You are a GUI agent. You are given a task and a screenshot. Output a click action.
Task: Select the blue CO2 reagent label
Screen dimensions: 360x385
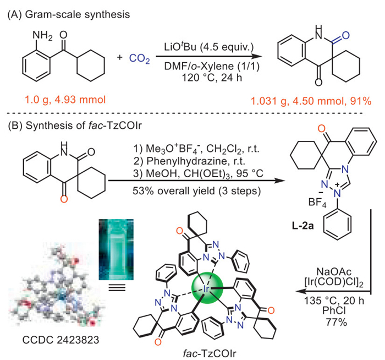click(x=135, y=57)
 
